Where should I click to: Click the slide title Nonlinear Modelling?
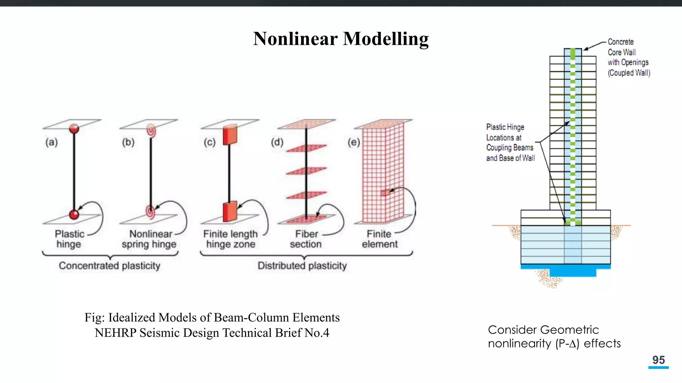point(341,39)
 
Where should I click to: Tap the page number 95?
point(658,360)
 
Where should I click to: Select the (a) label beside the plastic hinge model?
point(52,142)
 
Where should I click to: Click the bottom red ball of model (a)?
point(74,214)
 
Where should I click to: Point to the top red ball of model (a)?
point(74,128)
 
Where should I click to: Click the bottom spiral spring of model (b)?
point(151,211)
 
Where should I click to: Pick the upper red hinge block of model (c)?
point(230,135)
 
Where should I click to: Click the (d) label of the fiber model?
point(277,142)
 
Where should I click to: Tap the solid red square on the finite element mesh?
point(385,192)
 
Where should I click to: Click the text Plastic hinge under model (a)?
point(69,239)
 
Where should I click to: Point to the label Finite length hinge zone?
point(230,239)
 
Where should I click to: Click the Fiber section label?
point(306,239)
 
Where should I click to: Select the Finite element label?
point(380,239)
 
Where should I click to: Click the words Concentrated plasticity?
point(110,266)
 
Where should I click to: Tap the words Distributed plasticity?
point(302,266)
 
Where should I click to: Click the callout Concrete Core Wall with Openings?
point(628,57)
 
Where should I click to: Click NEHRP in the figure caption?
point(116,333)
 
